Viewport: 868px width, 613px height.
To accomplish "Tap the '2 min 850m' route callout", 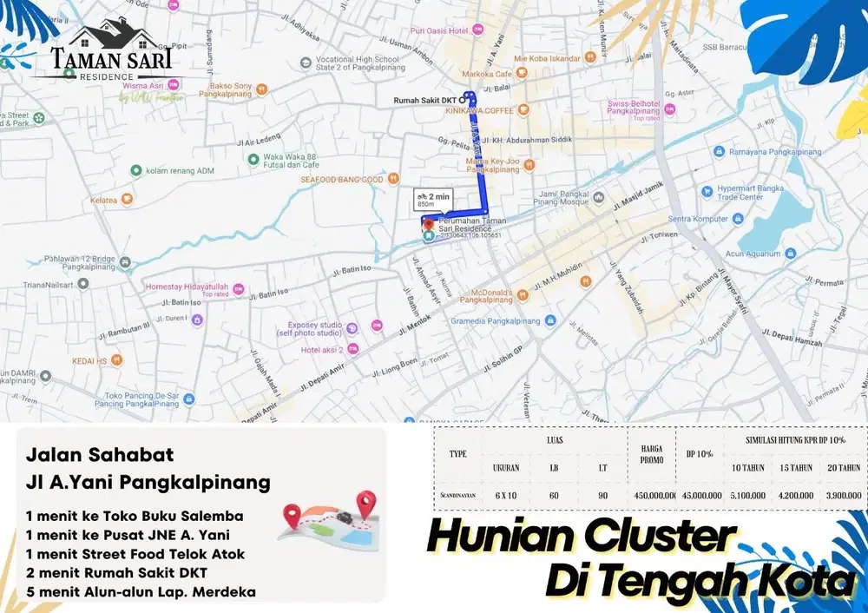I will click(432, 199).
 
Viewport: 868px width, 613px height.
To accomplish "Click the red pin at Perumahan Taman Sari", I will click(428, 222).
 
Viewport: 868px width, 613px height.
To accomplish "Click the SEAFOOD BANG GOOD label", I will click(342, 180).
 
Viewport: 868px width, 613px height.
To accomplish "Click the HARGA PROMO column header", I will click(651, 454).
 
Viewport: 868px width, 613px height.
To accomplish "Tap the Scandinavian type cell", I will click(457, 496).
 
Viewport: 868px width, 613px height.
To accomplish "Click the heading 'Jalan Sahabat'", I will click(100, 454).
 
